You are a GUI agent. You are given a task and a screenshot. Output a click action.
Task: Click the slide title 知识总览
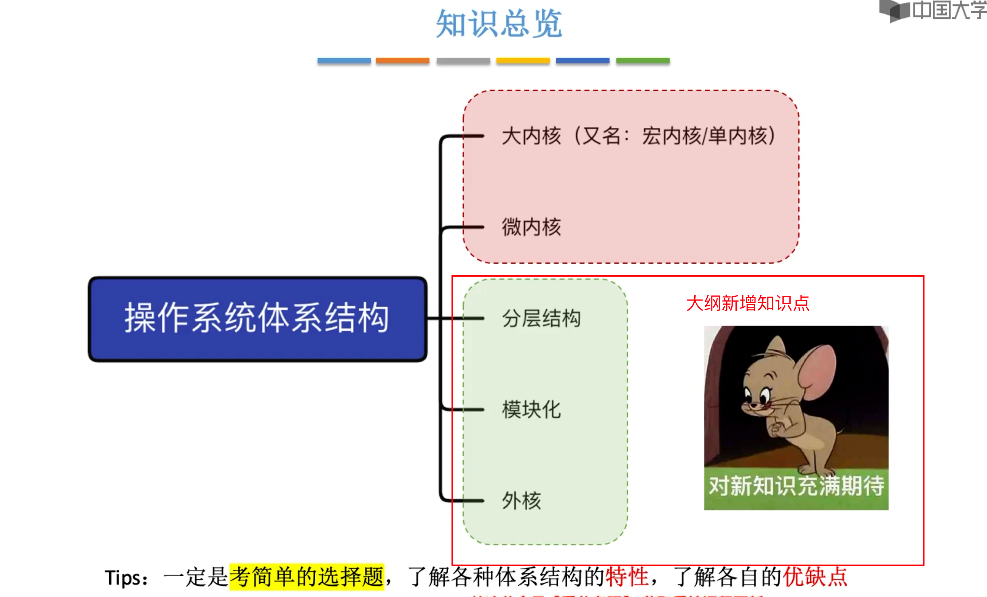[499, 24]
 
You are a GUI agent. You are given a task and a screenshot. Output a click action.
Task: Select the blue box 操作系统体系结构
[257, 319]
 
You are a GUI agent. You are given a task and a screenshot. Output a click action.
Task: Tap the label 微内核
[531, 227]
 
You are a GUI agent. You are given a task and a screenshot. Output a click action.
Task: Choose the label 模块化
[531, 409]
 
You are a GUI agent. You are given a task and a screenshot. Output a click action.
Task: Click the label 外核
[522, 500]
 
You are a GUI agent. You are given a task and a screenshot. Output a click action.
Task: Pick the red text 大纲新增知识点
[748, 303]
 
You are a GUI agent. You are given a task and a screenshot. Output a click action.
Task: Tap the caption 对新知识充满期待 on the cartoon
[796, 486]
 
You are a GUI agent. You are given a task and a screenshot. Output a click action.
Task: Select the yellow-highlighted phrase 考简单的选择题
[306, 577]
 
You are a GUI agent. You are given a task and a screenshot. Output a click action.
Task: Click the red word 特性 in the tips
[627, 577]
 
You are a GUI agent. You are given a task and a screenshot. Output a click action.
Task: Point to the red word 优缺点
[815, 577]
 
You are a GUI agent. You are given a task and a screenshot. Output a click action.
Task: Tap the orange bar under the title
[402, 61]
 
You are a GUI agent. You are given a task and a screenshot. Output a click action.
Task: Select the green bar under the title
[642, 61]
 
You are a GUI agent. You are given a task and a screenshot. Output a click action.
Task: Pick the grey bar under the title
[463, 61]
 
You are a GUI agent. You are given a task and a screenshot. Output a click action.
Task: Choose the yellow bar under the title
[523, 61]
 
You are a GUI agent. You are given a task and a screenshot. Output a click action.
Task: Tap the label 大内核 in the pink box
[531, 136]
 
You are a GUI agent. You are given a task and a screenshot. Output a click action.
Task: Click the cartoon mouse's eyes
[757, 395]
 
